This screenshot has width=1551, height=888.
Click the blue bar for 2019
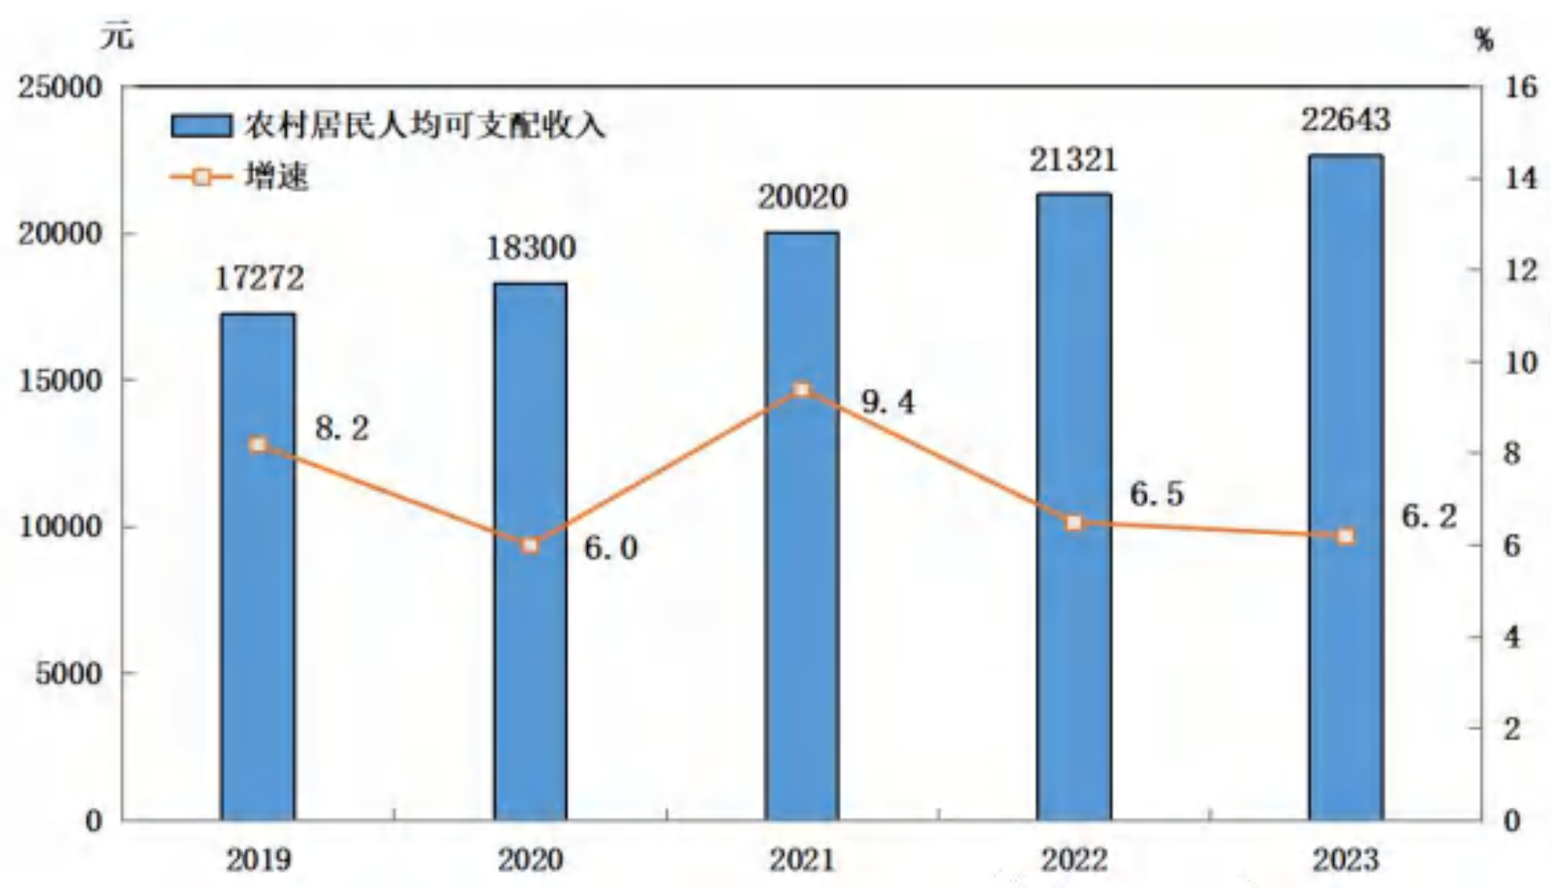(x=258, y=566)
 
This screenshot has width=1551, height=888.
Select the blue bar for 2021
(x=802, y=526)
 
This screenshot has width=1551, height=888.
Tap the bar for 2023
(x=1346, y=487)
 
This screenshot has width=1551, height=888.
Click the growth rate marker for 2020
(x=530, y=545)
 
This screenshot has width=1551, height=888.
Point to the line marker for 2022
(x=1074, y=523)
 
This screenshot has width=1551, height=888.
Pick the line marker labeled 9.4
(x=802, y=389)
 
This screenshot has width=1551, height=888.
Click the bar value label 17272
(x=259, y=278)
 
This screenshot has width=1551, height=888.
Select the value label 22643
(x=1346, y=120)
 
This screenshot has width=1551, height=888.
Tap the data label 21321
(x=1073, y=160)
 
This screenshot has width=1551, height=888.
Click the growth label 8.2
(x=342, y=428)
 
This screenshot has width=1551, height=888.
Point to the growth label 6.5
(x=1157, y=494)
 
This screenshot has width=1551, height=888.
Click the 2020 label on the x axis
(x=530, y=860)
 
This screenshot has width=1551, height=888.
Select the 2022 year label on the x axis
(x=1074, y=860)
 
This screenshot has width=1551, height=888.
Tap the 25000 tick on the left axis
(x=59, y=88)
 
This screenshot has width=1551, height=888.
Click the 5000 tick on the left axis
(x=69, y=673)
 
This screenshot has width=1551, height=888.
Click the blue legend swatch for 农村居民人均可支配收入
(x=202, y=126)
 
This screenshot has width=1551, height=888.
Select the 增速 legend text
(x=276, y=177)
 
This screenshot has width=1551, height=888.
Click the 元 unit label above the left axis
(x=117, y=36)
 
